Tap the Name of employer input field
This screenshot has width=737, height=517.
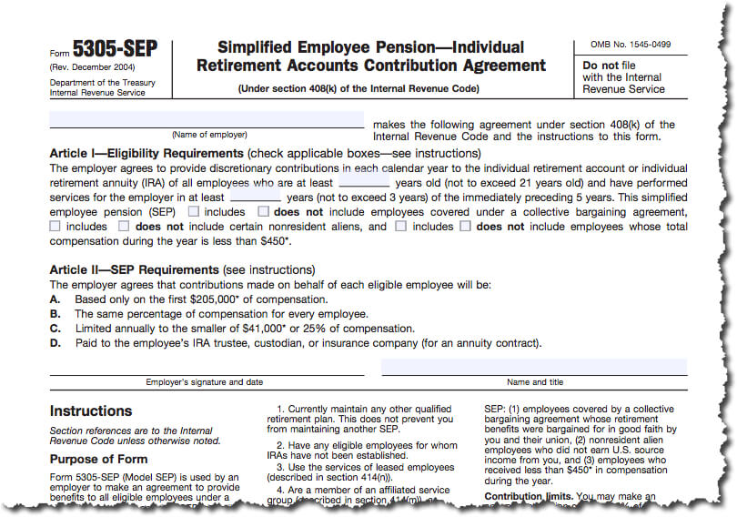[207, 120]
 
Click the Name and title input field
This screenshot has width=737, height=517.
[534, 366]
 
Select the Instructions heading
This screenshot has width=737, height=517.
[91, 411]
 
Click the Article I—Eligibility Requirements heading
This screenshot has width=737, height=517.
[146, 154]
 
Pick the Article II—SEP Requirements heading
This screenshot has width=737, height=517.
[135, 270]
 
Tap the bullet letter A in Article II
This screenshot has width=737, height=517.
[55, 299]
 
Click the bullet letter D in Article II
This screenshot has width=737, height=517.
[56, 343]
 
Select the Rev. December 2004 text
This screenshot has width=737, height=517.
[92, 67]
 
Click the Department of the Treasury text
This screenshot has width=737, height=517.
[101, 83]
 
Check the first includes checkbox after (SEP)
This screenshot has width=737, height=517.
[194, 211]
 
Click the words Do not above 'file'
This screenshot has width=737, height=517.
[603, 66]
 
